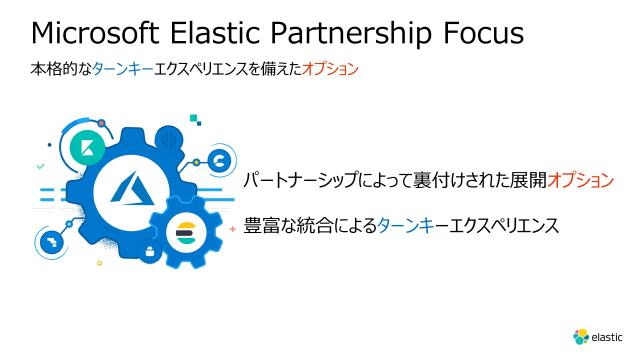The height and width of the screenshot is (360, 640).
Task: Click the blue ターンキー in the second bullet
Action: tap(411, 226)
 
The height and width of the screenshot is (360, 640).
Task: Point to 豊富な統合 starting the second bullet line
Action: tap(280, 226)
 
